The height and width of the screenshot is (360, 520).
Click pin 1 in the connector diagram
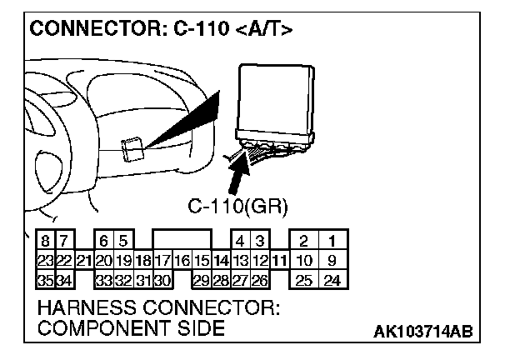331,242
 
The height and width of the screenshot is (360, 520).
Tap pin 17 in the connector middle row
162,261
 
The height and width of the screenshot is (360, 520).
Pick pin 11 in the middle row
280,261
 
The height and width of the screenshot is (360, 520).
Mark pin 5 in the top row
122,242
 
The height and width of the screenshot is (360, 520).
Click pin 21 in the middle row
83,261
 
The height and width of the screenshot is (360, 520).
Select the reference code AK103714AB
422,332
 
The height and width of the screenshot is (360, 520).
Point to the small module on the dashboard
132,149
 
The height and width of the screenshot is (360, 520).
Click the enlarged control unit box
275,100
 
